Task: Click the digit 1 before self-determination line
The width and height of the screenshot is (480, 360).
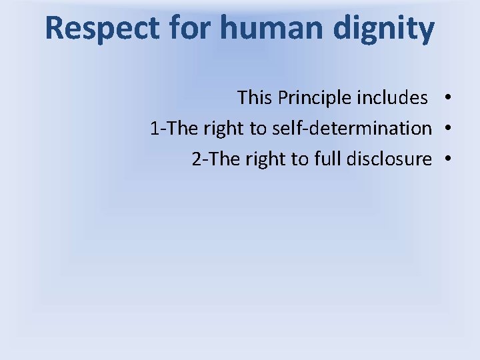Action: (x=155, y=128)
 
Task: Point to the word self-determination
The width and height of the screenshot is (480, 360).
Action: (x=352, y=128)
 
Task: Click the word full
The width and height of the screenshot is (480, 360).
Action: (x=325, y=159)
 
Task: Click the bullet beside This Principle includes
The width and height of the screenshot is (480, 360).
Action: (x=451, y=98)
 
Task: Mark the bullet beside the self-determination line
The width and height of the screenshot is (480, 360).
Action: (x=451, y=128)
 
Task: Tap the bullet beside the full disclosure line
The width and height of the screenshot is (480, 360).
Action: (x=451, y=159)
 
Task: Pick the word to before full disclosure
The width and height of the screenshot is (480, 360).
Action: (x=299, y=159)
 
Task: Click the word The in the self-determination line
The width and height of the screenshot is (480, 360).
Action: (x=179, y=128)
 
